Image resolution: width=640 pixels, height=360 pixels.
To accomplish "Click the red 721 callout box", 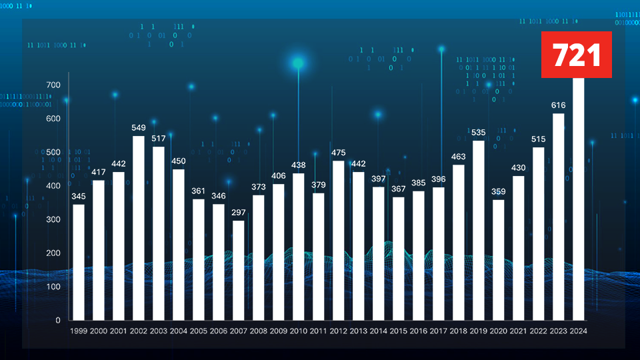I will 576,55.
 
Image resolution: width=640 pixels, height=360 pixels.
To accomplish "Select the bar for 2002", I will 138,228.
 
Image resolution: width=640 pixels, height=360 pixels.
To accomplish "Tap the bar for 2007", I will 238,270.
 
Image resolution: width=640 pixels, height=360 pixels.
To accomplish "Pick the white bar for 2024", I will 578,200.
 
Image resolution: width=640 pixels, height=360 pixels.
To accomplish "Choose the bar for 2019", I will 478,230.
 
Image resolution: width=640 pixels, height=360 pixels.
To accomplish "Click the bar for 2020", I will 498,260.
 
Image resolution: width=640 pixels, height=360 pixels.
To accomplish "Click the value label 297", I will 238,212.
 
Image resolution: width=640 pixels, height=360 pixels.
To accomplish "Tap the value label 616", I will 558,105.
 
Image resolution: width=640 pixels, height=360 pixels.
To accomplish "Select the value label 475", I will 338,153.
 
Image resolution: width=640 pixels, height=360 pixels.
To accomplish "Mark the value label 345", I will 78,196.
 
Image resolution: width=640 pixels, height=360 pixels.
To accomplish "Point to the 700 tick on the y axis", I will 53,85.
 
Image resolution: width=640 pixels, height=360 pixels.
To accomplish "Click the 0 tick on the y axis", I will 57,320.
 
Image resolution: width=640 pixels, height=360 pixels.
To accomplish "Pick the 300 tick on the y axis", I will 53,219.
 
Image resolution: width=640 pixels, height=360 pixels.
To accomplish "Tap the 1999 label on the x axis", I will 78,331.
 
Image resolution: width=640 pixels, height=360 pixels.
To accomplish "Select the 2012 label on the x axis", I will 338,331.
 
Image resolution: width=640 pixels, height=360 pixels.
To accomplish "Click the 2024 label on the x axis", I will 578,331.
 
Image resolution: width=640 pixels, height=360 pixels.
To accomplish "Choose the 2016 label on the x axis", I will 418,331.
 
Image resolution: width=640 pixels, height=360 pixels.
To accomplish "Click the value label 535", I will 478,133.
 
